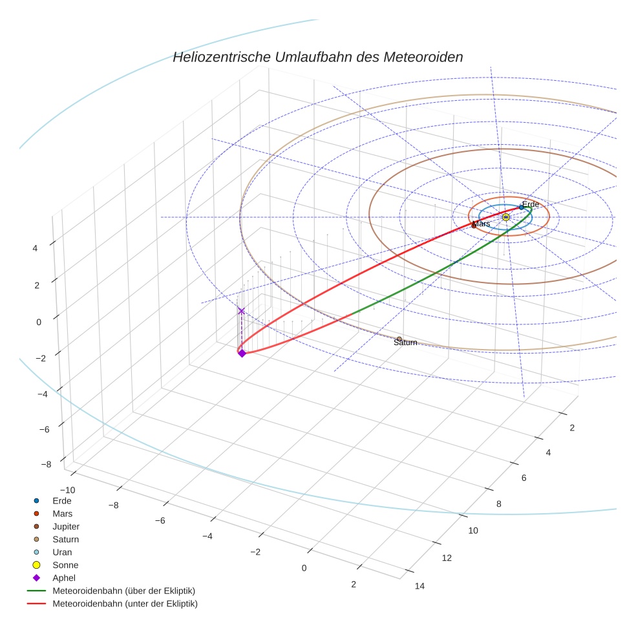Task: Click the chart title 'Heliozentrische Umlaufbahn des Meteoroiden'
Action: (x=317, y=57)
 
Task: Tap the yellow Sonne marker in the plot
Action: (x=505, y=217)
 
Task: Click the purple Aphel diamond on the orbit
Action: (x=242, y=353)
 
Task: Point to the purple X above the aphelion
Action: (x=242, y=311)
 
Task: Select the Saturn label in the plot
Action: (x=405, y=343)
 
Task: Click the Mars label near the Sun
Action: (x=482, y=224)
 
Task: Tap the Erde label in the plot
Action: (x=531, y=204)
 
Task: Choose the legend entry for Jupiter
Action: (x=66, y=527)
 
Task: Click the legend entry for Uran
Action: (x=62, y=553)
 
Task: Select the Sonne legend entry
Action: (x=65, y=566)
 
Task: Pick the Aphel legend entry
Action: (x=64, y=578)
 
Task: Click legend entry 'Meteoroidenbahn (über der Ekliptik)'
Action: (x=123, y=591)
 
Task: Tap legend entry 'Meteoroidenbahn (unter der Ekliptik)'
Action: (x=125, y=604)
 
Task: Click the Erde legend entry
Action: (x=62, y=501)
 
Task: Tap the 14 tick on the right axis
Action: (x=419, y=586)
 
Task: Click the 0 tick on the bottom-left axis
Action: (x=304, y=568)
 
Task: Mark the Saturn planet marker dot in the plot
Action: (x=399, y=339)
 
